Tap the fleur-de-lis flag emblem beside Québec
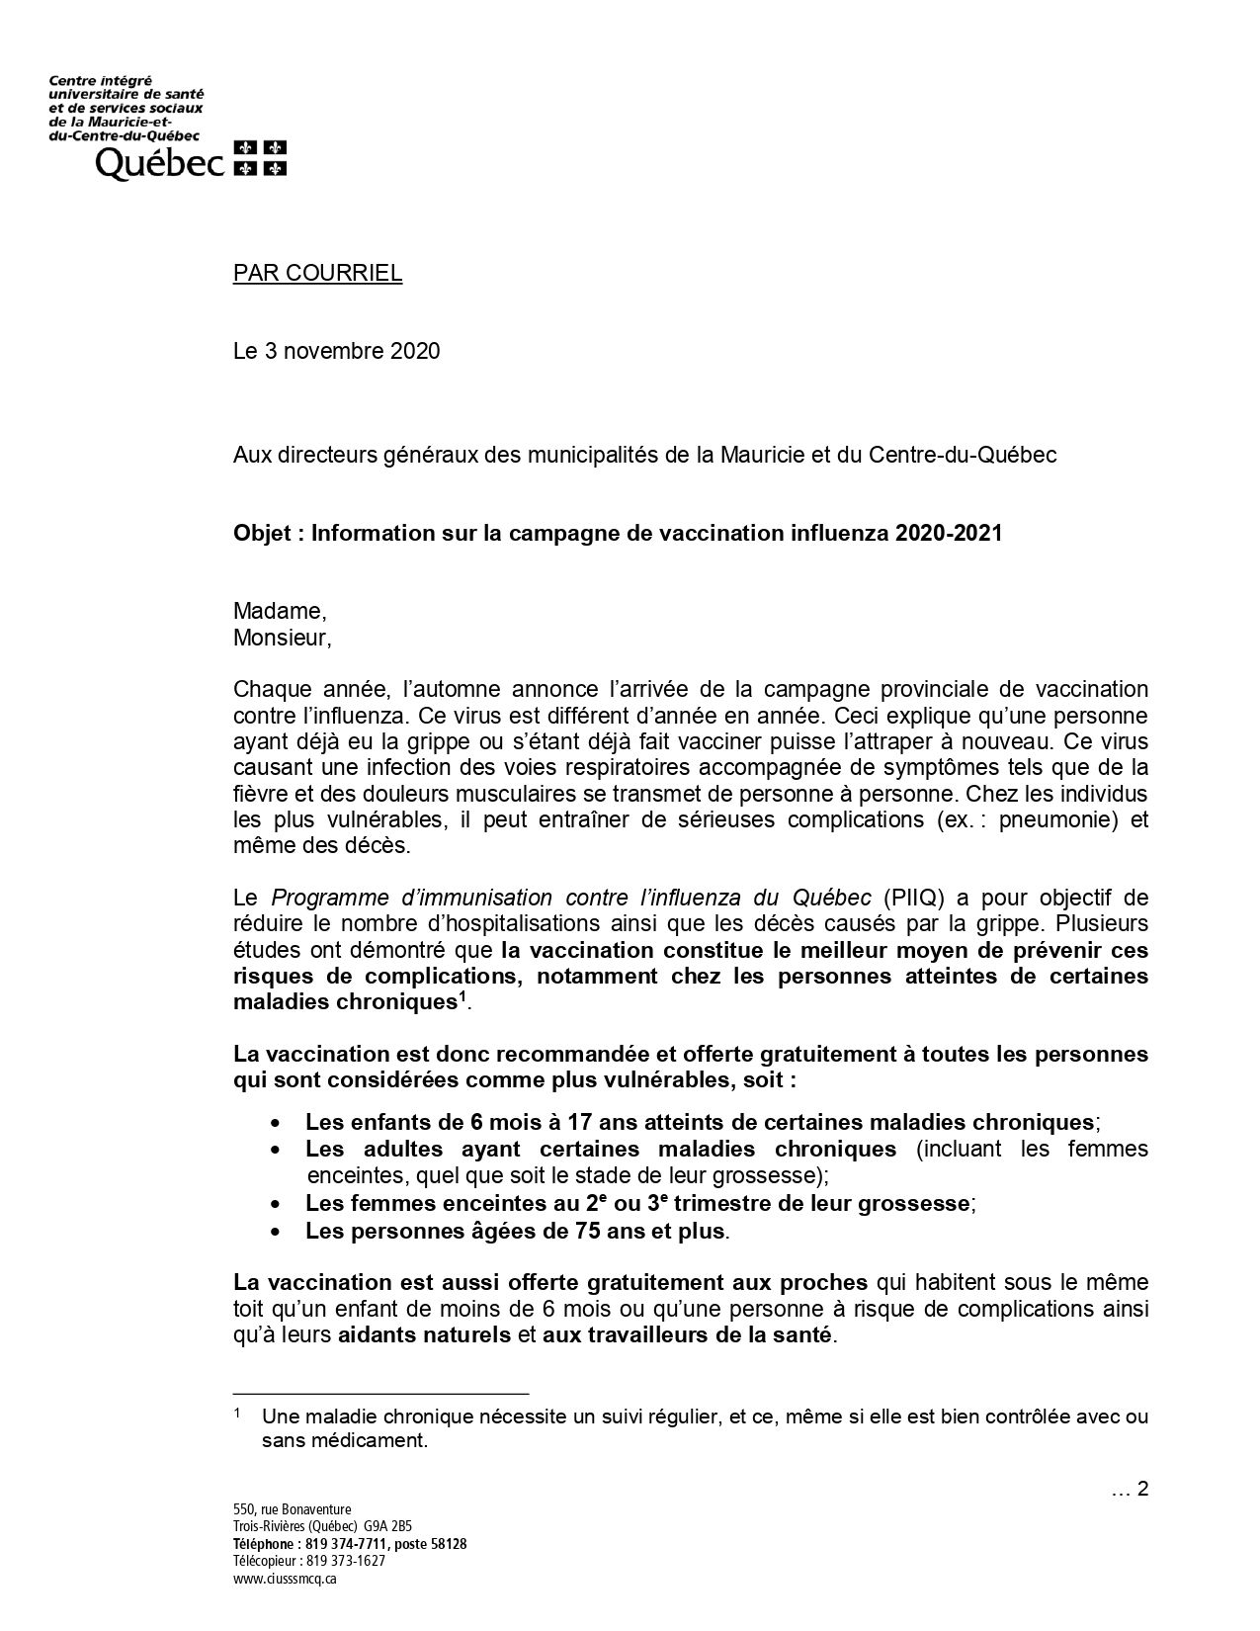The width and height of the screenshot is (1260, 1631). pyautogui.click(x=260, y=158)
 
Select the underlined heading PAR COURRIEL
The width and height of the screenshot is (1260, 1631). pyautogui.click(x=317, y=273)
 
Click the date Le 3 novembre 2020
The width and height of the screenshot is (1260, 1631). pyautogui.click(x=336, y=351)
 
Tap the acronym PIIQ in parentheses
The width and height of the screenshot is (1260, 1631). pyautogui.click(x=906, y=898)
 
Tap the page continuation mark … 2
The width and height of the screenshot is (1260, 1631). pyautogui.click(x=1130, y=1489)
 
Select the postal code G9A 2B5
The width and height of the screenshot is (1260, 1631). pyautogui.click(x=395, y=1526)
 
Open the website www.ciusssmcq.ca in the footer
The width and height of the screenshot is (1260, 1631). pyautogui.click(x=286, y=1579)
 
